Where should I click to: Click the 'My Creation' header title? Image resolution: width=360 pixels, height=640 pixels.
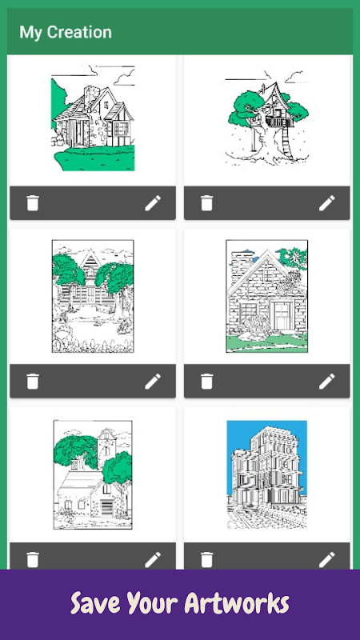[66, 32]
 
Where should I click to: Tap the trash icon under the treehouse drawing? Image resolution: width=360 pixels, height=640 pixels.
[206, 203]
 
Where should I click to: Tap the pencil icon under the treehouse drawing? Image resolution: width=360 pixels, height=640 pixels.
[327, 203]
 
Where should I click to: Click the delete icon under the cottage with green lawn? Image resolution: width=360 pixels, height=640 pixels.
[33, 203]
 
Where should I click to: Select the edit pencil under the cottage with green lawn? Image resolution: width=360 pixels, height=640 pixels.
[153, 203]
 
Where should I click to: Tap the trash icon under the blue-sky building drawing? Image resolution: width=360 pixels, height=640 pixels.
[206, 559]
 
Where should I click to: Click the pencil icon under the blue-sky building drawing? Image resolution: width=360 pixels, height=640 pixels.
[327, 559]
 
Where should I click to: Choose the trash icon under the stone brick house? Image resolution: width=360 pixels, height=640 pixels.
[206, 382]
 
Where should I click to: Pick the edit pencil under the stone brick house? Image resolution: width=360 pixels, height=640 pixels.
[327, 382]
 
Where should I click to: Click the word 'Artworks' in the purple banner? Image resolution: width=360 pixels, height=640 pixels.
[237, 603]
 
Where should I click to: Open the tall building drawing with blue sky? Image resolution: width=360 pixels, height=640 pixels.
[267, 474]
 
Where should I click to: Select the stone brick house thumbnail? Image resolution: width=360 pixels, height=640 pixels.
[267, 296]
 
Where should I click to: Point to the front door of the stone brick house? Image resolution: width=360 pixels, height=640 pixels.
[282, 315]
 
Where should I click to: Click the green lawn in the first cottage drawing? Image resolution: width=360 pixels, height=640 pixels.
[96, 160]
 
